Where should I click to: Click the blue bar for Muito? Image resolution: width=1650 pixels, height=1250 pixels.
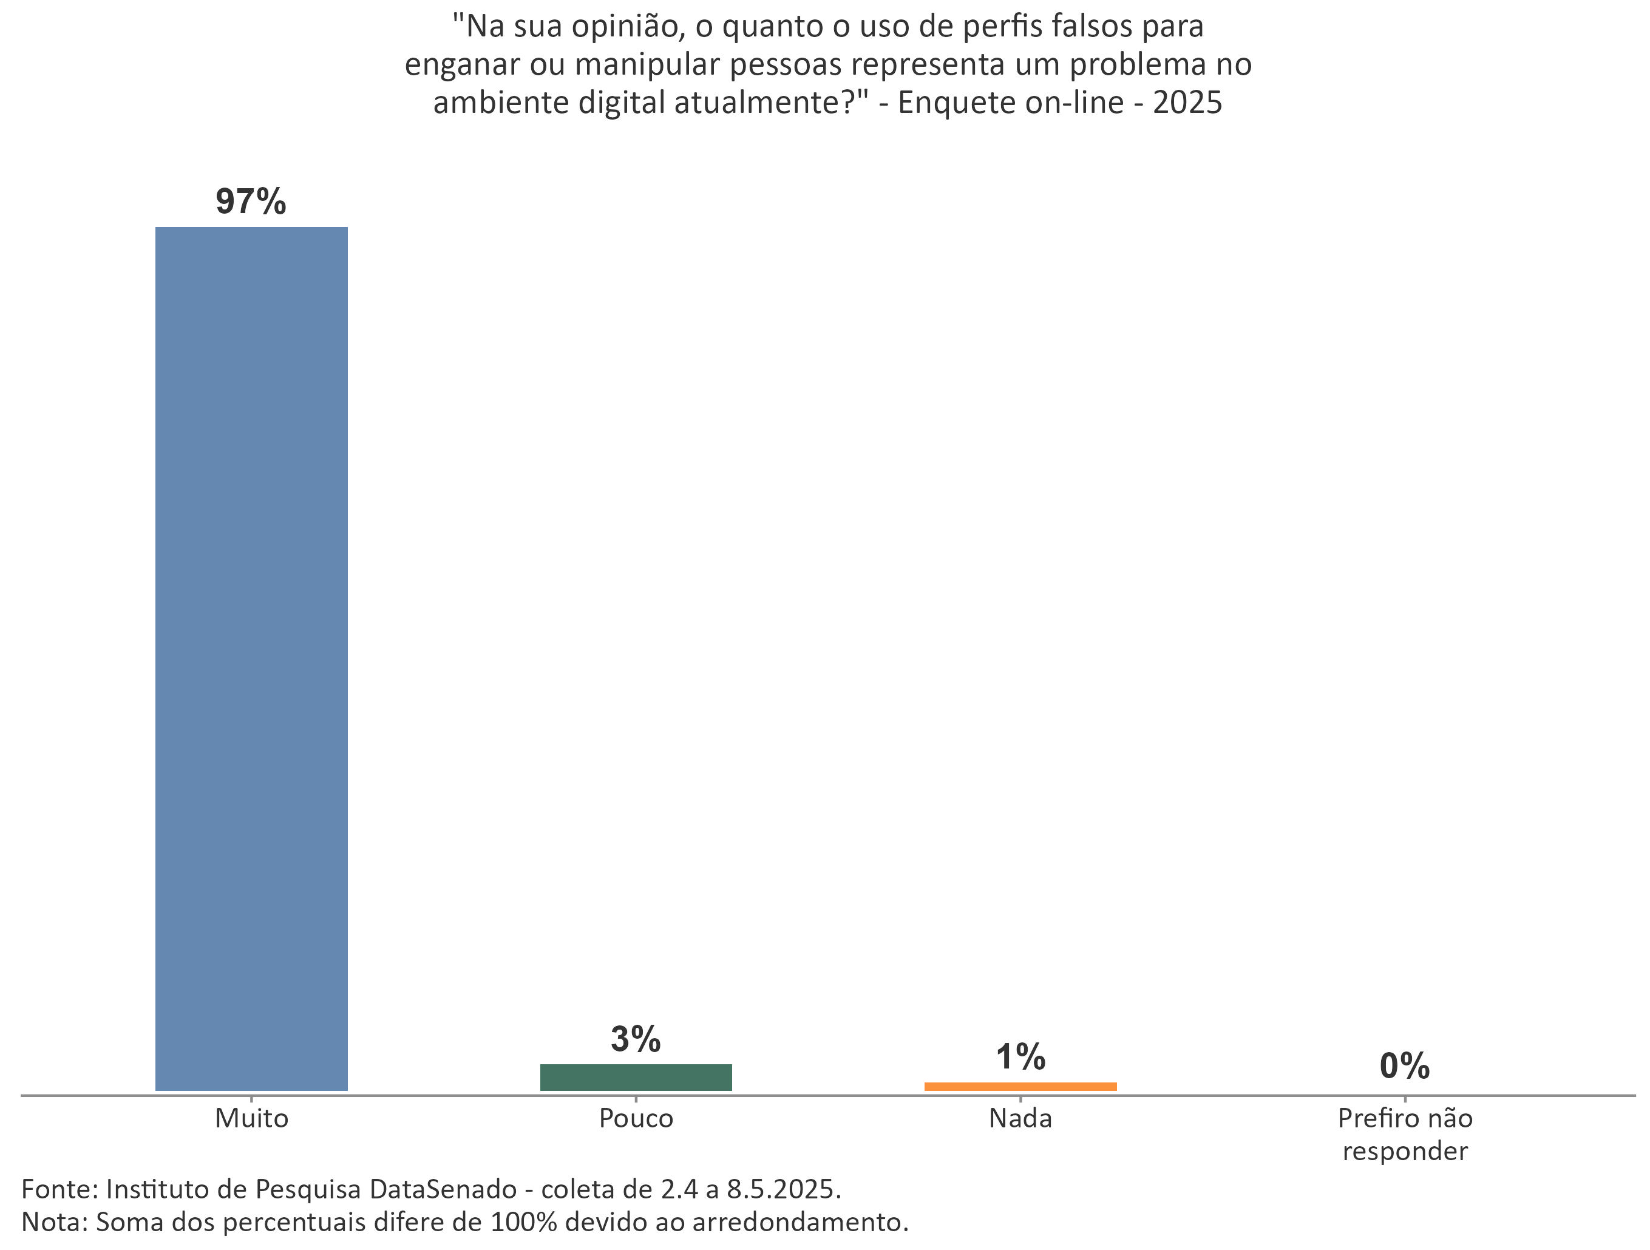click(x=251, y=658)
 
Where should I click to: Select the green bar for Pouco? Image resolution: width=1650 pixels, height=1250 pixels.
click(x=636, y=1077)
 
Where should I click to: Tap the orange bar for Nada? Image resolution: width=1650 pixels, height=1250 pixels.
click(x=1020, y=1086)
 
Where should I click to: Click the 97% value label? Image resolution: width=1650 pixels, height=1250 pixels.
click(x=251, y=202)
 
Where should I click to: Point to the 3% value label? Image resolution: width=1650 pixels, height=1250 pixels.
click(x=636, y=1039)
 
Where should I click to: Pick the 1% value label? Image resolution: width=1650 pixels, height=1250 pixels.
click(x=1020, y=1057)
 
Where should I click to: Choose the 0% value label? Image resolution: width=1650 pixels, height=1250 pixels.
click(x=1405, y=1066)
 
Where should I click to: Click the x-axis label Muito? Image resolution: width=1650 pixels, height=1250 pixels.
click(x=251, y=1119)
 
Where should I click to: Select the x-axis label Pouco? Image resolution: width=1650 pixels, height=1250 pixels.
click(x=636, y=1119)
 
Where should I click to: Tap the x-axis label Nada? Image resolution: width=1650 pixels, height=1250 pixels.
click(x=1020, y=1119)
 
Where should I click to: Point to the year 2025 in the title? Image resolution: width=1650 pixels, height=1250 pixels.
click(x=1187, y=102)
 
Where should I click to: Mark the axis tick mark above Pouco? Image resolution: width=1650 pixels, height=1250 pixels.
click(x=636, y=1099)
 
